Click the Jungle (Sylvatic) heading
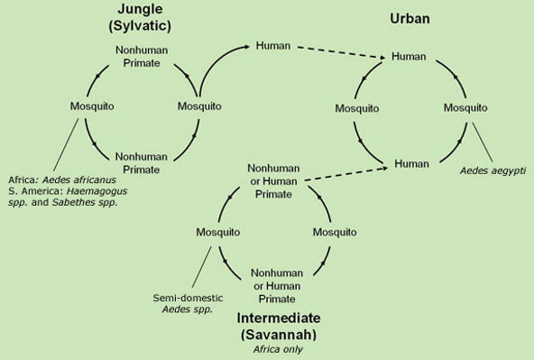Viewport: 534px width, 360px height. click(140, 16)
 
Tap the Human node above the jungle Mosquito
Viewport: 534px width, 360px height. click(272, 44)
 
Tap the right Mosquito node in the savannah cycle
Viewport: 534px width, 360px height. click(335, 232)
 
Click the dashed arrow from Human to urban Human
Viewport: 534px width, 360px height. click(340, 51)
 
